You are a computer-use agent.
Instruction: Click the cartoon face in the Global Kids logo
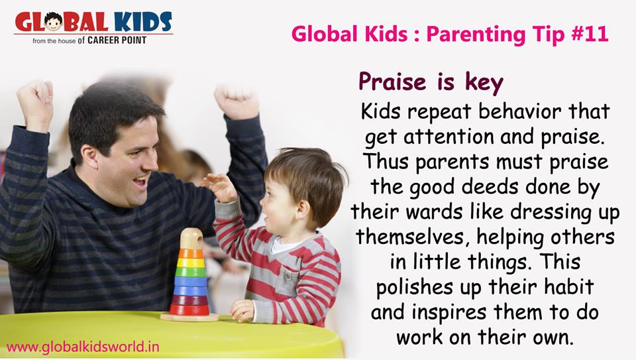53,22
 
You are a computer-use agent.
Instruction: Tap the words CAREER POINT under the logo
117,40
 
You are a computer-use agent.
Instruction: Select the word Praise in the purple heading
392,82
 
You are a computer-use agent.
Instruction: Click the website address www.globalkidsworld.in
83,347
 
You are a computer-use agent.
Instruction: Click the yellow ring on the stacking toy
191,263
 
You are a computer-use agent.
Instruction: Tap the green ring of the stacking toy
191,272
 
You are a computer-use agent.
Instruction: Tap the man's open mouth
140,180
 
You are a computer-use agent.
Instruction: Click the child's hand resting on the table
242,311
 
